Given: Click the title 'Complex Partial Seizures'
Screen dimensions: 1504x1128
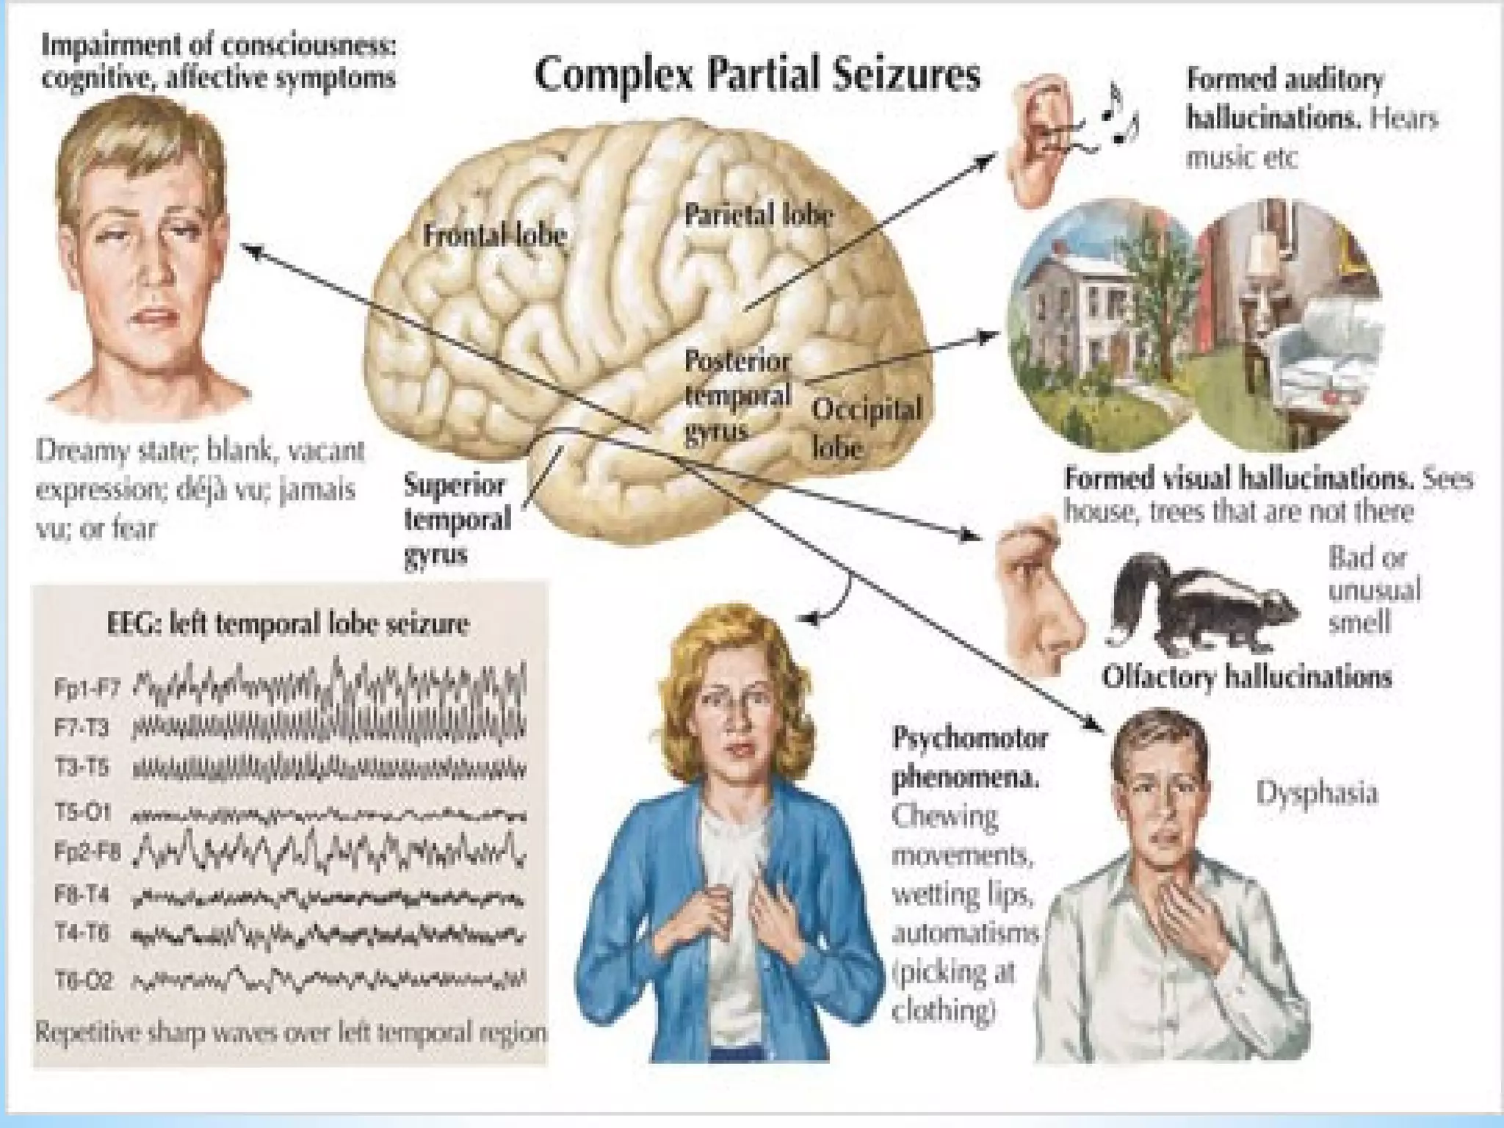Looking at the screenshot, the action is click(757, 75).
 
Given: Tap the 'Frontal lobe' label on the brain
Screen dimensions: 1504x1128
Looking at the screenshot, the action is click(494, 235).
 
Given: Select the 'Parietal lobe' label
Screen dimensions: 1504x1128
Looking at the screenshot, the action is click(758, 214).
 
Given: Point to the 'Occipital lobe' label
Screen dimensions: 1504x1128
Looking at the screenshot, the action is click(865, 427).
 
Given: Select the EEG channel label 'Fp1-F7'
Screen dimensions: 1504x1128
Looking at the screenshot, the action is click(87, 688).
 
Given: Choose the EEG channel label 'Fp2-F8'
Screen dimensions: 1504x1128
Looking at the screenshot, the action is click(87, 851).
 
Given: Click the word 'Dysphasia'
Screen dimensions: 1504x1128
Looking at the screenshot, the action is click(1316, 793).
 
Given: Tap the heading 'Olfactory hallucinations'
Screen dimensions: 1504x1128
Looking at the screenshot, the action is click(1246, 676).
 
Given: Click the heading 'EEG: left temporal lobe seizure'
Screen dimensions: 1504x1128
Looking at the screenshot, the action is click(287, 624).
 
